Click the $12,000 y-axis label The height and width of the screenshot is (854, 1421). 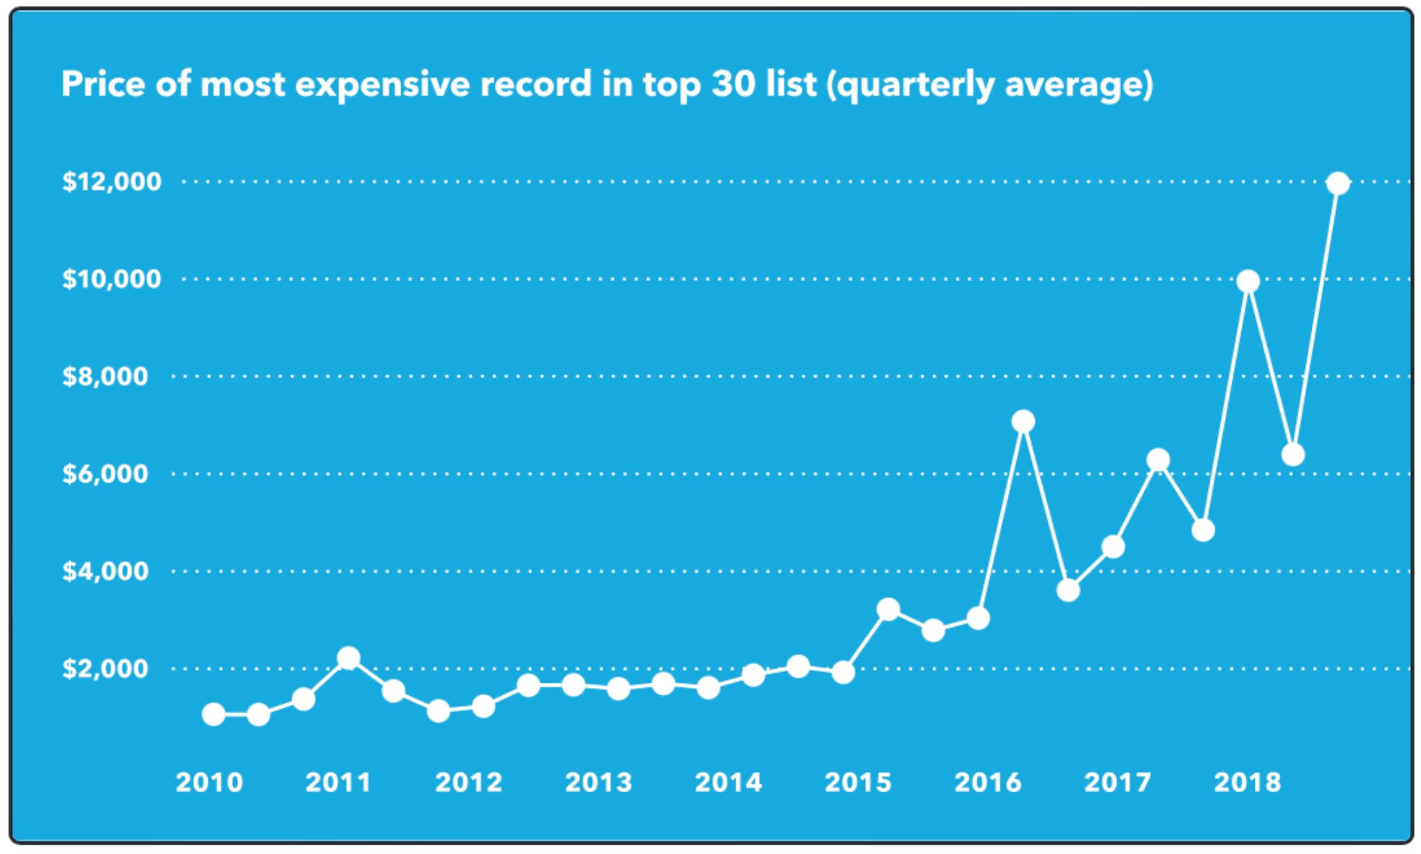(x=111, y=181)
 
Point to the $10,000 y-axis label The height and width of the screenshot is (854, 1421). (x=111, y=279)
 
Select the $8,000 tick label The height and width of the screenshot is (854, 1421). (x=105, y=376)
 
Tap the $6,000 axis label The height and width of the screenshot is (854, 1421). (x=105, y=474)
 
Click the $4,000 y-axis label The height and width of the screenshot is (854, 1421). (x=105, y=571)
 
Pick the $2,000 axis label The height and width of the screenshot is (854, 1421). (x=105, y=669)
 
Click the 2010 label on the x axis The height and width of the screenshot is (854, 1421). (x=209, y=782)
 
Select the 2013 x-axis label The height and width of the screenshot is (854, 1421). (x=598, y=782)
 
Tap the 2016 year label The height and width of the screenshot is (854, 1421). (x=987, y=782)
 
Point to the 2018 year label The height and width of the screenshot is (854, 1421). (x=1247, y=782)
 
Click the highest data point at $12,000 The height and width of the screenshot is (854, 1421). (x=1338, y=183)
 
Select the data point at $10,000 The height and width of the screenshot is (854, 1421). (x=1248, y=281)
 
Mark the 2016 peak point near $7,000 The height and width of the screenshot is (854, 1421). (x=1023, y=421)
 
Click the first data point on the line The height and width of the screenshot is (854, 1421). (x=214, y=714)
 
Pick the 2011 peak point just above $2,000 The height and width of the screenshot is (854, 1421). (x=348, y=658)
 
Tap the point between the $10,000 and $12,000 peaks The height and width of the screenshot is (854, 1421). (x=1292, y=454)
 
